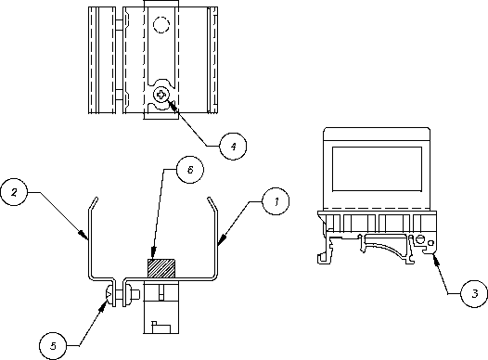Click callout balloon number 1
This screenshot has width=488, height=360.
(276, 201)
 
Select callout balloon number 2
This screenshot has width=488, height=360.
(14, 192)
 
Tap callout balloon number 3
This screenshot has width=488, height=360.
(474, 293)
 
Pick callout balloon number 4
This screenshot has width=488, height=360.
(233, 147)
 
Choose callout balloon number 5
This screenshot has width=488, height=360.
(53, 346)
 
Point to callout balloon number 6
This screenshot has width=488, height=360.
(190, 170)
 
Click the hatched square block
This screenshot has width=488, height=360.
(161, 268)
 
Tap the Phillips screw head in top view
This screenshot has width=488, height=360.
(161, 95)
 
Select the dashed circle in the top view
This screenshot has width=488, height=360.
(161, 25)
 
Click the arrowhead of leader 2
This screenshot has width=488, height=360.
(83, 235)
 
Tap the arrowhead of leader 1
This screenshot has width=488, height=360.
(223, 239)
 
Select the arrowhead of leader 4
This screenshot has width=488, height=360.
(173, 105)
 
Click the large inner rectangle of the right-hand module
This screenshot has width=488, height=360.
(377, 169)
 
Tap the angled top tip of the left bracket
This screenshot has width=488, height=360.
(96, 199)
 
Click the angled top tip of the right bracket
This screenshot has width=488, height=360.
(209, 199)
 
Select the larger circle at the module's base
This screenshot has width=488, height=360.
(420, 239)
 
